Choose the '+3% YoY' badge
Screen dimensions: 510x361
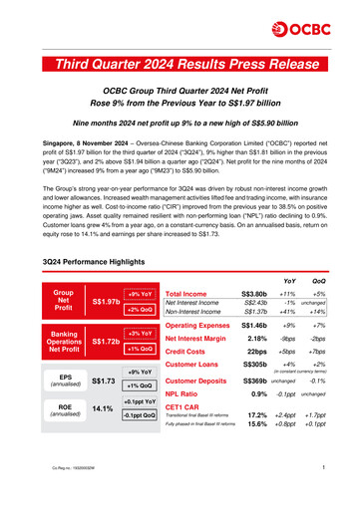coord(140,333)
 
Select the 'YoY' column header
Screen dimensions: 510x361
coord(287,252)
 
